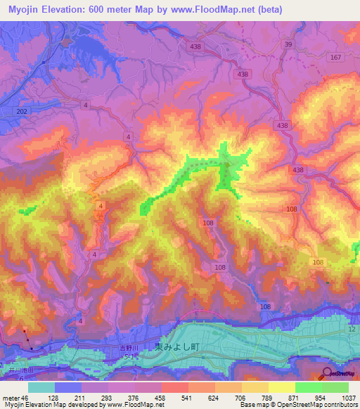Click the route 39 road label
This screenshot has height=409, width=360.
(288, 44)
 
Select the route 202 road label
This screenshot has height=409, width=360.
(24, 111)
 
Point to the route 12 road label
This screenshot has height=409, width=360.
(352, 330)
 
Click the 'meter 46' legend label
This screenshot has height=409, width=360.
(15, 398)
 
